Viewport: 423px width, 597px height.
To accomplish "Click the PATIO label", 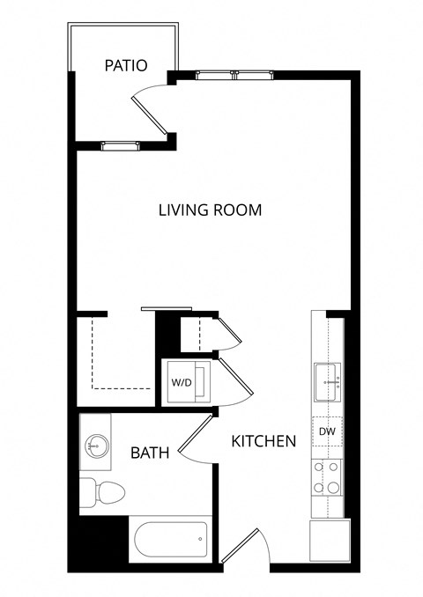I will [124, 65].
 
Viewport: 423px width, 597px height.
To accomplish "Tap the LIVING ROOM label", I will [210, 210].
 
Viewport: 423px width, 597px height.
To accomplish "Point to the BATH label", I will [150, 453].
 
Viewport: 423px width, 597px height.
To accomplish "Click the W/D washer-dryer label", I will [181, 384].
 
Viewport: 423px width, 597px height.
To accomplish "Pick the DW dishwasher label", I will [328, 431].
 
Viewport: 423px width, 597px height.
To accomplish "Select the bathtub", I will [170, 538].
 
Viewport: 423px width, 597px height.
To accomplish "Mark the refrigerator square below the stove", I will [329, 539].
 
